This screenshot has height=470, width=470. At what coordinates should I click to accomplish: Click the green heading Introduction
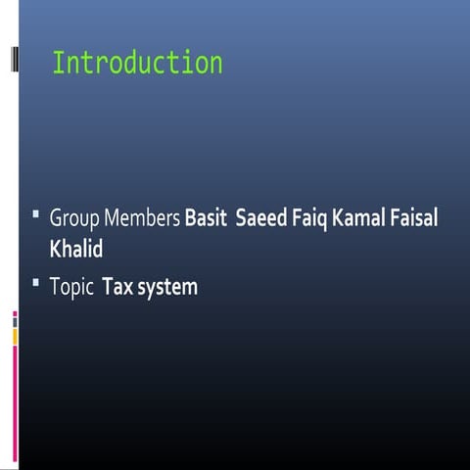tap(137, 64)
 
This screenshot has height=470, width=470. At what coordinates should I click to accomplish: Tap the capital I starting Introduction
tap(57, 64)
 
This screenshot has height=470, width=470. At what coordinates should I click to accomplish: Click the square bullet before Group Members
tap(35, 213)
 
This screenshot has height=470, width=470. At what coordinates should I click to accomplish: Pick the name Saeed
tap(261, 218)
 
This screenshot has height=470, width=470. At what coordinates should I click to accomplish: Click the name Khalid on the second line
tap(76, 249)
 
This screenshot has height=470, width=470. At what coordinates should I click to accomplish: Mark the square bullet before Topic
tap(35, 283)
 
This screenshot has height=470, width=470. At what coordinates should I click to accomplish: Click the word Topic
tap(71, 288)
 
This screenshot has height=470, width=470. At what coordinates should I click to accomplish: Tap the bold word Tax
tap(117, 288)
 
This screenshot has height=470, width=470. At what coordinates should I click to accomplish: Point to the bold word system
tap(166, 288)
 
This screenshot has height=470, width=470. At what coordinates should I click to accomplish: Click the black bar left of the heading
tap(14, 59)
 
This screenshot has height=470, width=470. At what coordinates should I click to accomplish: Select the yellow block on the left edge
tap(15, 336)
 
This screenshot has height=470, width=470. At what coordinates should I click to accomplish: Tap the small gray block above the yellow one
tap(15, 322)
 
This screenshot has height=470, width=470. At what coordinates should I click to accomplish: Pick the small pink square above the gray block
tap(15, 313)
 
